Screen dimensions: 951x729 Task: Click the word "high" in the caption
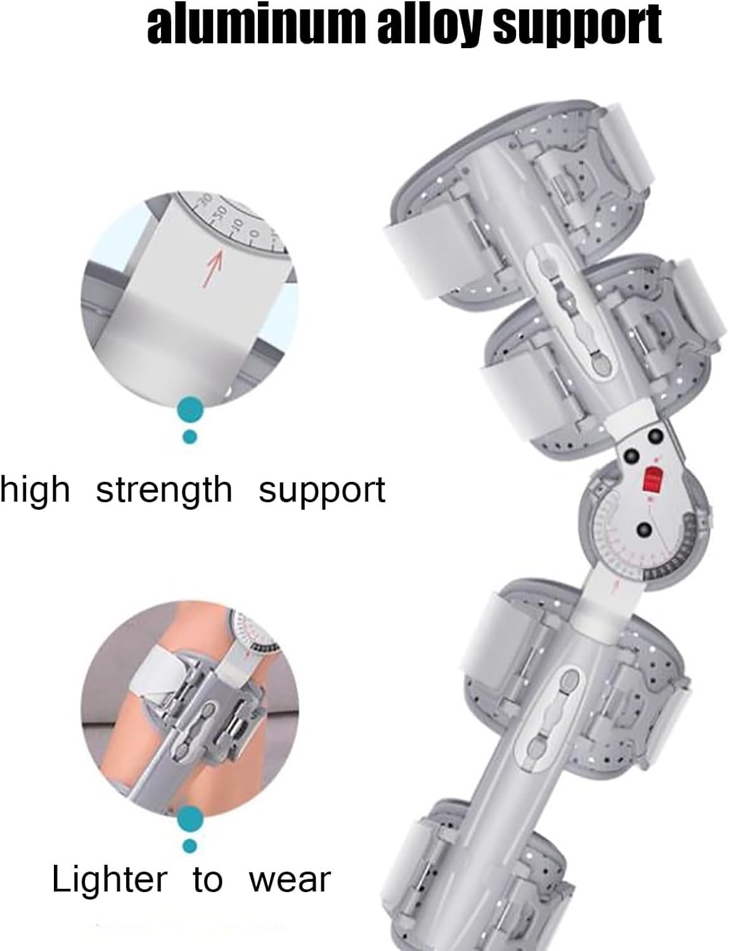(35, 490)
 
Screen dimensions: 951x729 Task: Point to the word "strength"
(164, 490)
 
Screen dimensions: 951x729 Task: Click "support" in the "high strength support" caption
(322, 490)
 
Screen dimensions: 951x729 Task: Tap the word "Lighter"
(110, 880)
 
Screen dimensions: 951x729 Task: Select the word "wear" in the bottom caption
(290, 880)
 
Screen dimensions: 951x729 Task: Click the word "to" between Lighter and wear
(208, 880)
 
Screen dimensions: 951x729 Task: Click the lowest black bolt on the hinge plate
(645, 530)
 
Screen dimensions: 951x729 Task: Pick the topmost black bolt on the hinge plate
(652, 436)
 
